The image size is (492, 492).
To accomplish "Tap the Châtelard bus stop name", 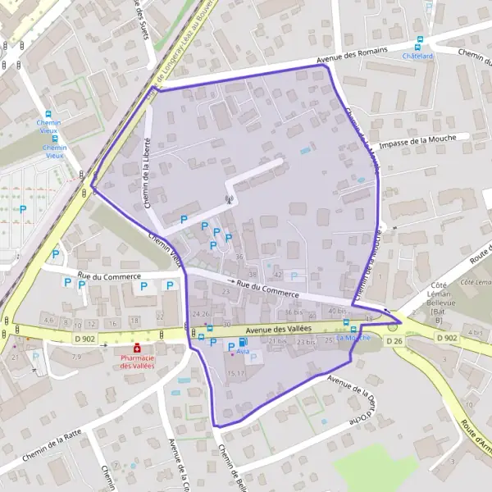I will [418, 56].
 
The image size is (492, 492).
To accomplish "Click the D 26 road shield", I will [394, 340].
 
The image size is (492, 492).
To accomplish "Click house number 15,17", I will [236, 373].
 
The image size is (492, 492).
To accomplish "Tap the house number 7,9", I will [76, 357].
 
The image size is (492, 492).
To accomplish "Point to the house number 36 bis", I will [294, 312].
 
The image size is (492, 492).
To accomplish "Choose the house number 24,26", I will [201, 314].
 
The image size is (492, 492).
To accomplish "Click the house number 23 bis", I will [306, 341].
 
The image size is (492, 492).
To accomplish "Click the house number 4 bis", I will [474, 332].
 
